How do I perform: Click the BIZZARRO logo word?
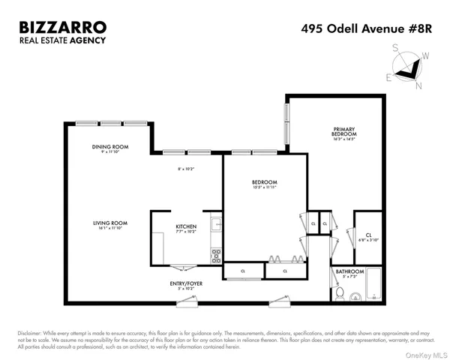[62, 28]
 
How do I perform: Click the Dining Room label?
[109, 146]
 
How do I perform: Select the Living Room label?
[109, 222]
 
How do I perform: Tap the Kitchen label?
[186, 226]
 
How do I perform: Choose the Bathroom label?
[349, 271]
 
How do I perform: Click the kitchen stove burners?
[216, 256]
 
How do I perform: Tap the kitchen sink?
[215, 223]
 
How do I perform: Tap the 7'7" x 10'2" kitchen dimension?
[186, 232]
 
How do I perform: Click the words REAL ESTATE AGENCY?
[62, 43]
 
